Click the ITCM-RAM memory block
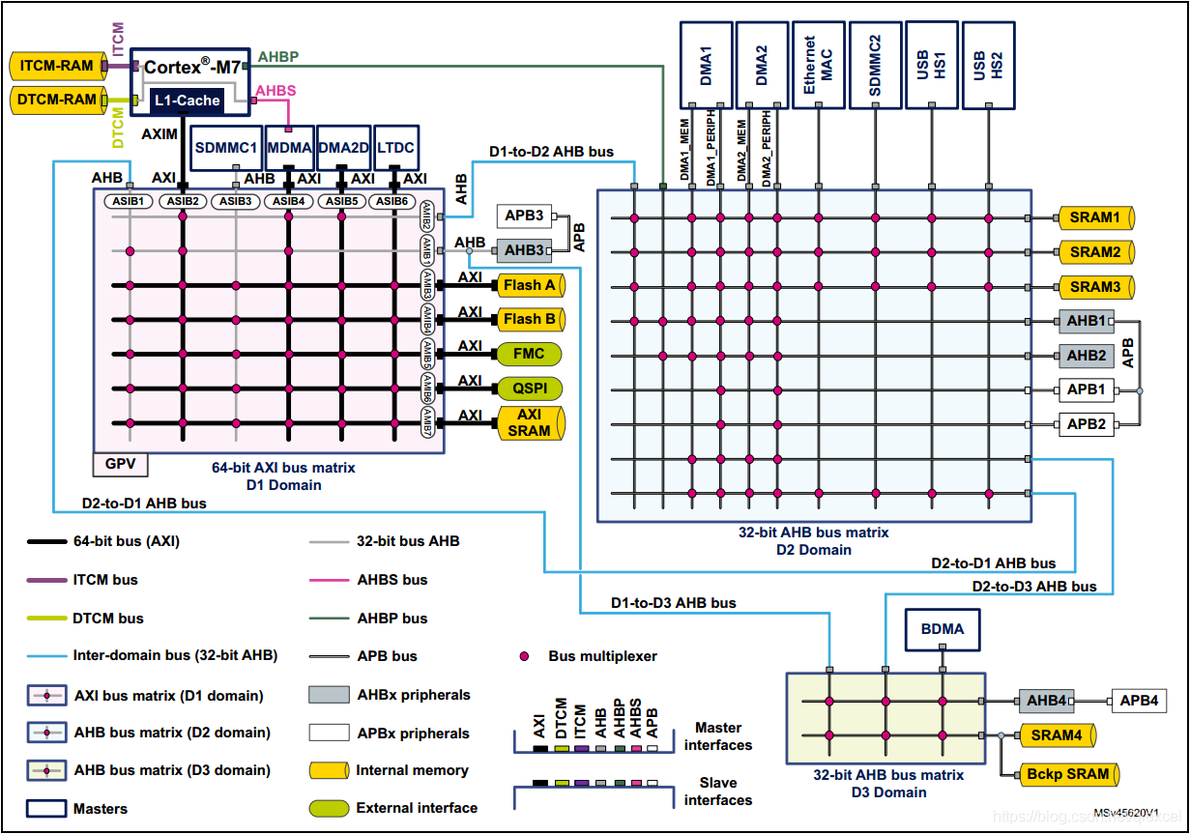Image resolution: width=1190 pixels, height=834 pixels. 57,67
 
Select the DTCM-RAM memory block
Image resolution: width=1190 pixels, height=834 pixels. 57,99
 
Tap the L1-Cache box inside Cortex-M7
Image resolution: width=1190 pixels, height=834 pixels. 187,100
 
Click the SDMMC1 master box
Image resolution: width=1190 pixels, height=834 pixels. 226,149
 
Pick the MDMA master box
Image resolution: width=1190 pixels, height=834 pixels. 289,149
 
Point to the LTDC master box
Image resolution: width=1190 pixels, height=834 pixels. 395,149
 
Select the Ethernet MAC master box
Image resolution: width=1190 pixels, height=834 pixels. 819,65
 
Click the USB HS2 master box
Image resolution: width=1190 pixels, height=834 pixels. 989,65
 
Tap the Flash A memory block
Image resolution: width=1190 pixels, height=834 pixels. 529,285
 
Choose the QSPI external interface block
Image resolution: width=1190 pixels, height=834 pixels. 529,388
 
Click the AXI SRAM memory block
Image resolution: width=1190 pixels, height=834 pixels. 529,423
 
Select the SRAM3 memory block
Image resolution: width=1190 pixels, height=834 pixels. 1094,287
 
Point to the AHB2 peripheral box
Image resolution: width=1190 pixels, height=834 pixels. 1086,356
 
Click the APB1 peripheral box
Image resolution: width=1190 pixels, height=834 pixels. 1086,390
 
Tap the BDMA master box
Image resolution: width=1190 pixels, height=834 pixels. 942,629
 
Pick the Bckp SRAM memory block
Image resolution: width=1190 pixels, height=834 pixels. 1068,774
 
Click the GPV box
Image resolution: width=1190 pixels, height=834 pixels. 121,465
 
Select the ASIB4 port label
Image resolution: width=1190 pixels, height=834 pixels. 288,201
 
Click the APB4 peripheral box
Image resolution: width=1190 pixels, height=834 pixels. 1140,701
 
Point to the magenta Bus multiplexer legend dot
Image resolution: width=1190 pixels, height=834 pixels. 525,656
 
